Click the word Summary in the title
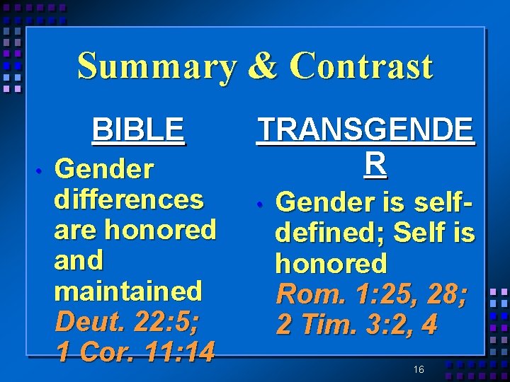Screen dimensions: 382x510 pos(157,67)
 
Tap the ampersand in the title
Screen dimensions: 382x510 pos(265,67)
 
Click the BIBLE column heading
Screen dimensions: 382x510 pos(138,129)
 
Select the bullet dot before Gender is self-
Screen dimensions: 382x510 pos(261,204)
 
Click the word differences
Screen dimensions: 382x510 pos(129,199)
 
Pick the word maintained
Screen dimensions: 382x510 pos(128,291)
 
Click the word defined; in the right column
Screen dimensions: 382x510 pos(330,233)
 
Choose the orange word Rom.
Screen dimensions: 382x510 pos(307,294)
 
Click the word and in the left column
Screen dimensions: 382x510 pos(79,260)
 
